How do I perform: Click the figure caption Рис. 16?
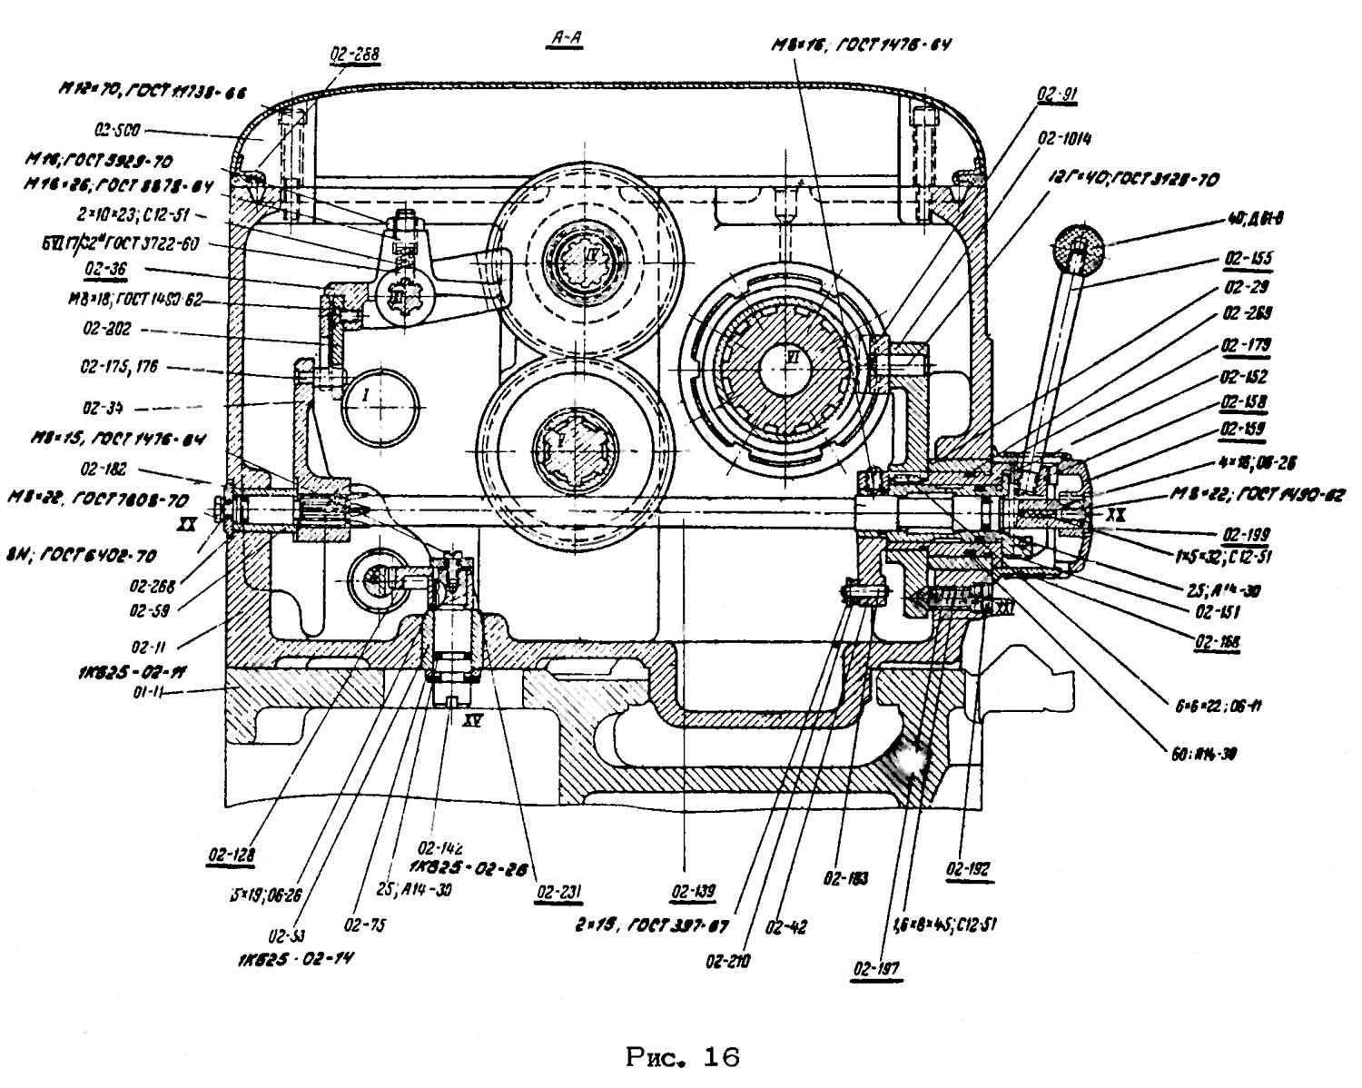[x=683, y=1057]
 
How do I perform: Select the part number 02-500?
[x=118, y=130]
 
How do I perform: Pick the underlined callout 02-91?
[x=1058, y=94]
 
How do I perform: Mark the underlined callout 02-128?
[x=231, y=854]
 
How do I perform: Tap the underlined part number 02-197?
[x=877, y=969]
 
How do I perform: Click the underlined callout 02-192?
[x=968, y=868]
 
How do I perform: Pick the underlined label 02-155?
[x=1248, y=259]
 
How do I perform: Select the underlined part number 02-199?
[x=1246, y=534]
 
